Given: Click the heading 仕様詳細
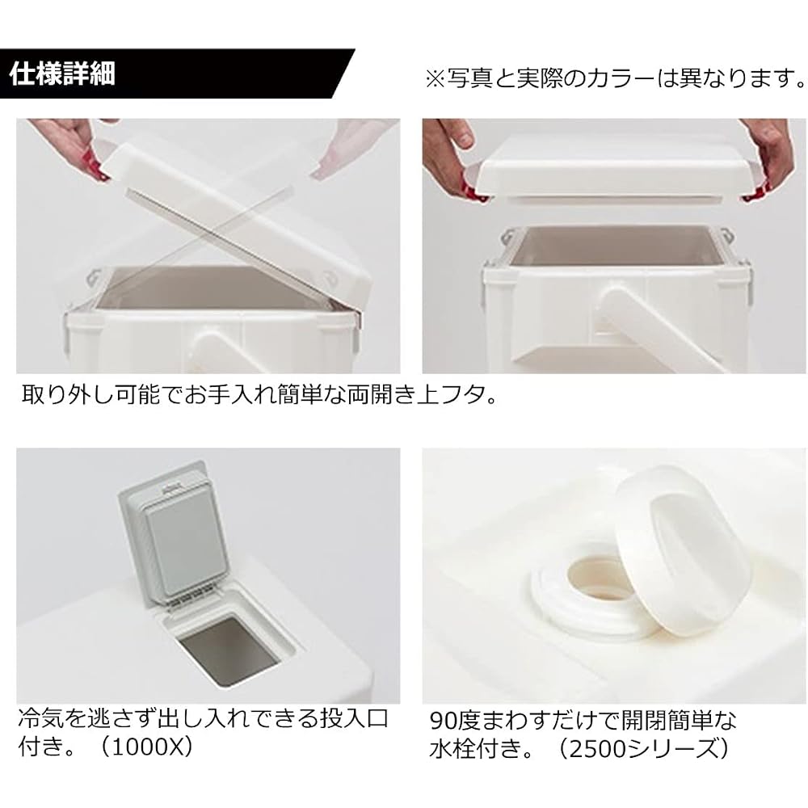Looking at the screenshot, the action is (62, 74).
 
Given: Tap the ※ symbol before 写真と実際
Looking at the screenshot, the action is (436, 79).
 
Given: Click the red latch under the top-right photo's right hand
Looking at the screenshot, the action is (753, 195).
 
